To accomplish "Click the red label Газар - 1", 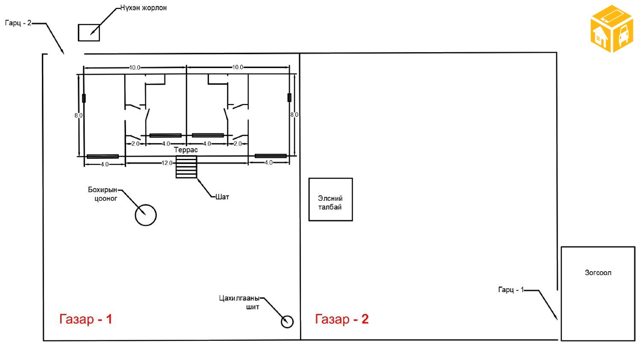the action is [x=85, y=319].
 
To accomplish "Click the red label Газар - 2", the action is [x=342, y=319].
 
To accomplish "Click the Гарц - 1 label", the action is [x=511, y=290].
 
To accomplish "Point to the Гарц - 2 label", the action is [x=18, y=23].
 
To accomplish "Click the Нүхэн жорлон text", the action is [x=143, y=8].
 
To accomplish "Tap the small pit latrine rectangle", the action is [x=78, y=32].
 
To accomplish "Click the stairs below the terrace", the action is [x=186, y=167].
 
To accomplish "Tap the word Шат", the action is [x=222, y=197].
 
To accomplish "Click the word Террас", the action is [x=186, y=150].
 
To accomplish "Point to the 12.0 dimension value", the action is [x=167, y=163].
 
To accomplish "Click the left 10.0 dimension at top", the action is [x=135, y=67].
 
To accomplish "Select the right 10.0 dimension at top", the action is [x=238, y=67].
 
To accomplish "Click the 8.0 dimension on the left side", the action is [x=78, y=115].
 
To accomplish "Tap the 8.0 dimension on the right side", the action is [x=294, y=115].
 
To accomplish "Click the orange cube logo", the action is [x=612, y=29].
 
